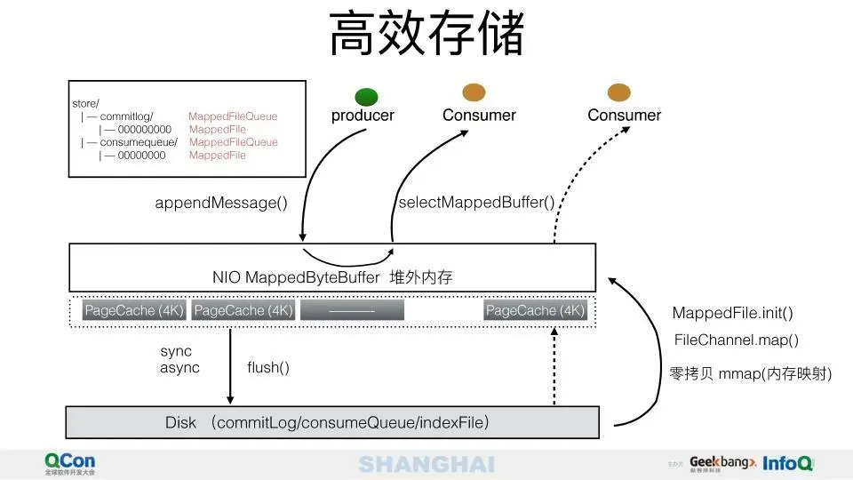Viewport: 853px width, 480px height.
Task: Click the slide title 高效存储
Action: click(x=426, y=36)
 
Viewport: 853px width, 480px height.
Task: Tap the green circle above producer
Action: click(x=366, y=97)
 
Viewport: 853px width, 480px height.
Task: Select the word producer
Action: click(x=363, y=116)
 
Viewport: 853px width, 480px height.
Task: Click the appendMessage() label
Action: click(x=221, y=203)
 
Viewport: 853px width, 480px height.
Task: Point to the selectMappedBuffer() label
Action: click(x=476, y=203)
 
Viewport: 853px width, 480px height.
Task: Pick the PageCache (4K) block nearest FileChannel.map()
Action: click(x=535, y=310)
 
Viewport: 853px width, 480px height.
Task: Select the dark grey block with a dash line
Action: click(x=352, y=310)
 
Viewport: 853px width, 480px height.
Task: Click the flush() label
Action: click(x=268, y=367)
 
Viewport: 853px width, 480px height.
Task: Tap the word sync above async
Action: click(x=176, y=352)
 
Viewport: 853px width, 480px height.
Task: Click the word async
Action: click(x=179, y=367)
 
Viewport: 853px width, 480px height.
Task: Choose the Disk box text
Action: click(x=327, y=423)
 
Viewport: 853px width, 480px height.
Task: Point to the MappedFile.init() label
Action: click(x=732, y=313)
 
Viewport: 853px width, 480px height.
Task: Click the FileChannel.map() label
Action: click(x=736, y=340)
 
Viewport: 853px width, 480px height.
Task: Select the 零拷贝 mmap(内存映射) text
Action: click(x=750, y=374)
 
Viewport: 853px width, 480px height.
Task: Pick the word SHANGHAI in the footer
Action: click(x=426, y=464)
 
